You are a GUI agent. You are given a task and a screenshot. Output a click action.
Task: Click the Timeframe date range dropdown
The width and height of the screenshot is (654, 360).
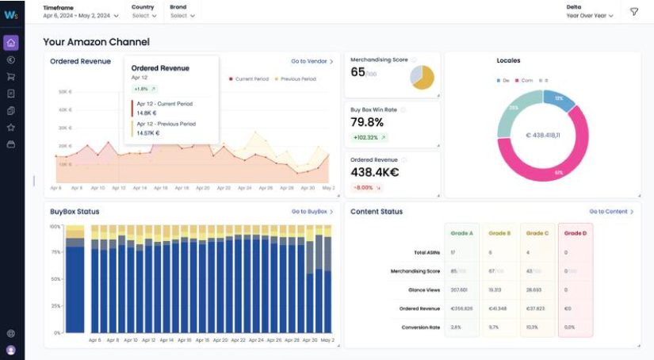(x=81, y=15)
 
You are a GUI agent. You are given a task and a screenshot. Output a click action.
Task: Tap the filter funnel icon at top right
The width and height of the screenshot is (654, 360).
(x=633, y=12)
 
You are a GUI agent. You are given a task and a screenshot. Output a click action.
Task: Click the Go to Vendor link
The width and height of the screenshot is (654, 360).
(x=312, y=61)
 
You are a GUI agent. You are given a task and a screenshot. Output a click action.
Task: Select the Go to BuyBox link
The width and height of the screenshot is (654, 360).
(x=312, y=212)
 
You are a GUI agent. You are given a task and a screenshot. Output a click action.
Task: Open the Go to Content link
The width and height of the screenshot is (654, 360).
(x=610, y=212)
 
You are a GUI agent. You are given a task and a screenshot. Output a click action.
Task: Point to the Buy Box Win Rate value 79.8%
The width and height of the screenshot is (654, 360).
(x=367, y=122)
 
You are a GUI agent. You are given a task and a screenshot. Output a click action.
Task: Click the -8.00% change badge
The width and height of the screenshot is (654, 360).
(x=368, y=187)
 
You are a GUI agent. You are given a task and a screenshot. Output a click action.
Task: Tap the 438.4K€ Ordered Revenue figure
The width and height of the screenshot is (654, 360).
(x=374, y=172)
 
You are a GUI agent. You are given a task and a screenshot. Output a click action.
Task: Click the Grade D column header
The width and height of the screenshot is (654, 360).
(x=575, y=233)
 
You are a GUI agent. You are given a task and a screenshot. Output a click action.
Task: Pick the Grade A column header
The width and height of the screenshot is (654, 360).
(x=461, y=233)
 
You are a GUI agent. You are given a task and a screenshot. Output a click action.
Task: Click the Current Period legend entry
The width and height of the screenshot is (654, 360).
(x=251, y=79)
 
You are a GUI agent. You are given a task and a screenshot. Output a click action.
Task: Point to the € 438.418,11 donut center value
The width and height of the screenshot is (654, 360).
(x=542, y=136)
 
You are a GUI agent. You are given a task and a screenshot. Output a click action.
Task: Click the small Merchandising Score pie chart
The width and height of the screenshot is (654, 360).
(x=422, y=77)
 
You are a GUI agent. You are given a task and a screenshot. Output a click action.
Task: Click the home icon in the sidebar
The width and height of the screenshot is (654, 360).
(x=11, y=42)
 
